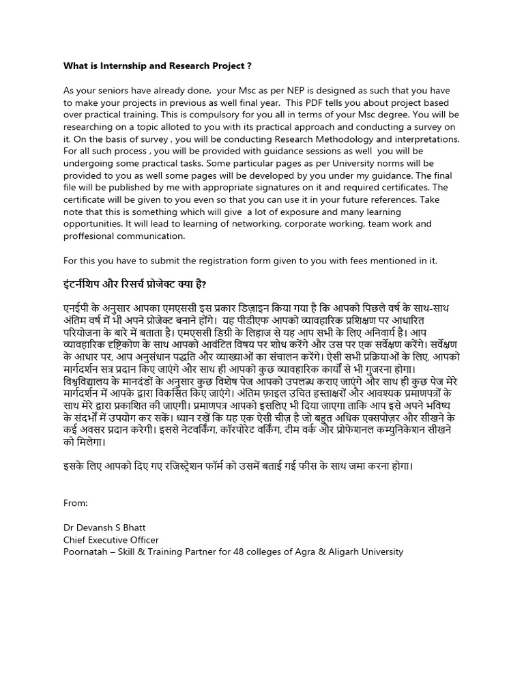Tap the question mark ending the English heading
tap(249, 66)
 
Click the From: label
tap(76, 503)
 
